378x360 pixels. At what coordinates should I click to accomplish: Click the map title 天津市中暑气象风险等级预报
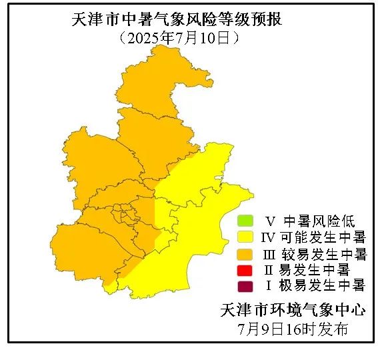pos(177,19)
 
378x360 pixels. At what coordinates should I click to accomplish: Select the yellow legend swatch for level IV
pos(245,237)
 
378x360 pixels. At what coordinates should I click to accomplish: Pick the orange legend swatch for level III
pos(245,254)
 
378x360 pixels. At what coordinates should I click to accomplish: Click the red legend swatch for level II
pos(245,270)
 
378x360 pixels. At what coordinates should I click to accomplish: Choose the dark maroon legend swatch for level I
pos(245,287)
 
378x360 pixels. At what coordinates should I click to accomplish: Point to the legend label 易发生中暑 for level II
pos(316,270)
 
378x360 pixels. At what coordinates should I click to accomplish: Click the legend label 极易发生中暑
pos(323,287)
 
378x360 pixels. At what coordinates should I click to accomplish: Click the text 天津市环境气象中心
pos(293,310)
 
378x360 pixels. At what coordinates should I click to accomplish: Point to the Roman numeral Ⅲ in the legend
pos(270,254)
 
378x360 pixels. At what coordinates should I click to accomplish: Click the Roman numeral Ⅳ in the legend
pos(269,237)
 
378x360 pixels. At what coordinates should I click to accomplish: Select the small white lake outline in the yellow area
pos(217,179)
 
